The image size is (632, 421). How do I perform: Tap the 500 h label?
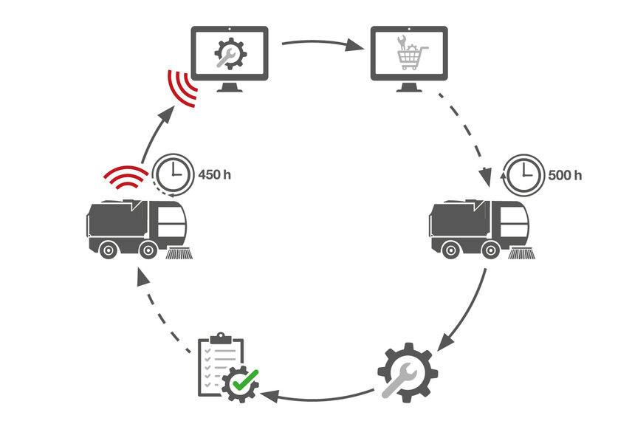[565, 176]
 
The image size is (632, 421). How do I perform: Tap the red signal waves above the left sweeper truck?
[126, 177]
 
